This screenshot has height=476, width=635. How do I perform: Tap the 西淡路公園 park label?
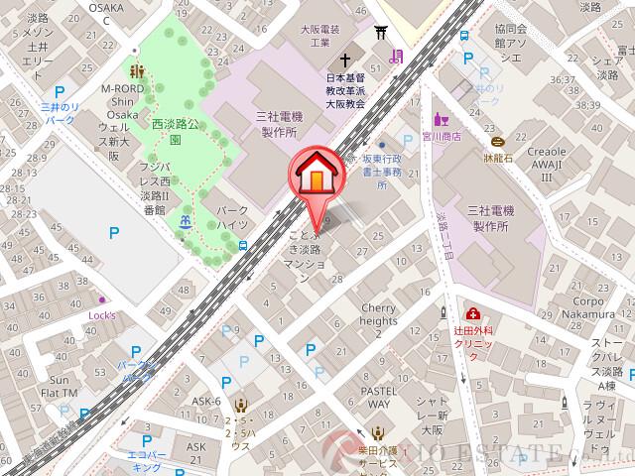(174, 132)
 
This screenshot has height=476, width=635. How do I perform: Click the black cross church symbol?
(345, 59)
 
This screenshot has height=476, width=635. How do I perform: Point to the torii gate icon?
(379, 35)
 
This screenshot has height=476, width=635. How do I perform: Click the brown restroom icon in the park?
(138, 70)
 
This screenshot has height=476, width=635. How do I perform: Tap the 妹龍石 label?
(497, 157)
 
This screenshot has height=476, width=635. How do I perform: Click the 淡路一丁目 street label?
(444, 234)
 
